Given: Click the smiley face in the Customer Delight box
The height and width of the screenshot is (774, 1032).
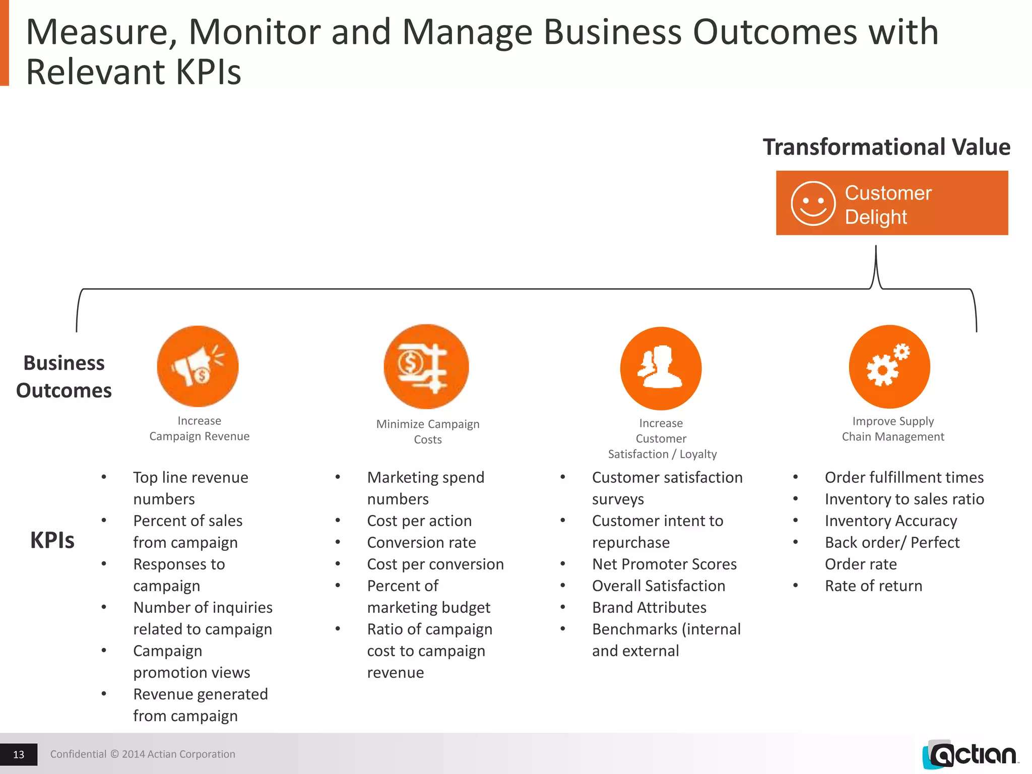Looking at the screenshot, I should [813, 204].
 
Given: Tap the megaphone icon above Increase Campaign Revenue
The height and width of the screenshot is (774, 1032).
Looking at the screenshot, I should [198, 366].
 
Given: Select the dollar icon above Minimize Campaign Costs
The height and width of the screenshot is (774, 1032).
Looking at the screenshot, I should [426, 366].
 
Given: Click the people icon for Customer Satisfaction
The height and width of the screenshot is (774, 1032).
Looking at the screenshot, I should [661, 368].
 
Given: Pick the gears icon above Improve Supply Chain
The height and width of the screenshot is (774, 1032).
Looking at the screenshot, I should [889, 366].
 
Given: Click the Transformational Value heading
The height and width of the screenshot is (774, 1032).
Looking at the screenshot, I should [886, 147].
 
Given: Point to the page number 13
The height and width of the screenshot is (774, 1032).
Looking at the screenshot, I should [19, 754].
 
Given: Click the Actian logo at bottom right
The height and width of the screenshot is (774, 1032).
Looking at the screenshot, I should [970, 755].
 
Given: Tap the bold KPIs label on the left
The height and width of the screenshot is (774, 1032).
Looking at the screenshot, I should [52, 540].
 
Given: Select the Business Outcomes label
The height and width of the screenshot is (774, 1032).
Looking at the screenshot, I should [64, 376].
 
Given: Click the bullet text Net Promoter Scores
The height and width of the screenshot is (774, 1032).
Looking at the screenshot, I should [664, 564].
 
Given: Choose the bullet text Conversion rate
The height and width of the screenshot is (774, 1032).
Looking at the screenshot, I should [421, 542].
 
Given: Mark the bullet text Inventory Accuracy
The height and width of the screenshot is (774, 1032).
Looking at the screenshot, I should [890, 521].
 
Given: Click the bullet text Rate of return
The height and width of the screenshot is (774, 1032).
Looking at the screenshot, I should [873, 586].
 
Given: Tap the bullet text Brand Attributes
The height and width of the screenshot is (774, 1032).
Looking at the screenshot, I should [649, 607].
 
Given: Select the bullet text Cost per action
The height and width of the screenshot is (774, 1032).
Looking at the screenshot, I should [419, 521].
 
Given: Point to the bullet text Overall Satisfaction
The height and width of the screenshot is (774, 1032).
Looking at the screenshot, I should [659, 586].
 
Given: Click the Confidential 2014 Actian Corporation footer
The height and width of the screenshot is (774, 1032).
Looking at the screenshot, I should [143, 754].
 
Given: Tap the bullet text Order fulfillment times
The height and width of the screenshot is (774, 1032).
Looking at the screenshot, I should [904, 477].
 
